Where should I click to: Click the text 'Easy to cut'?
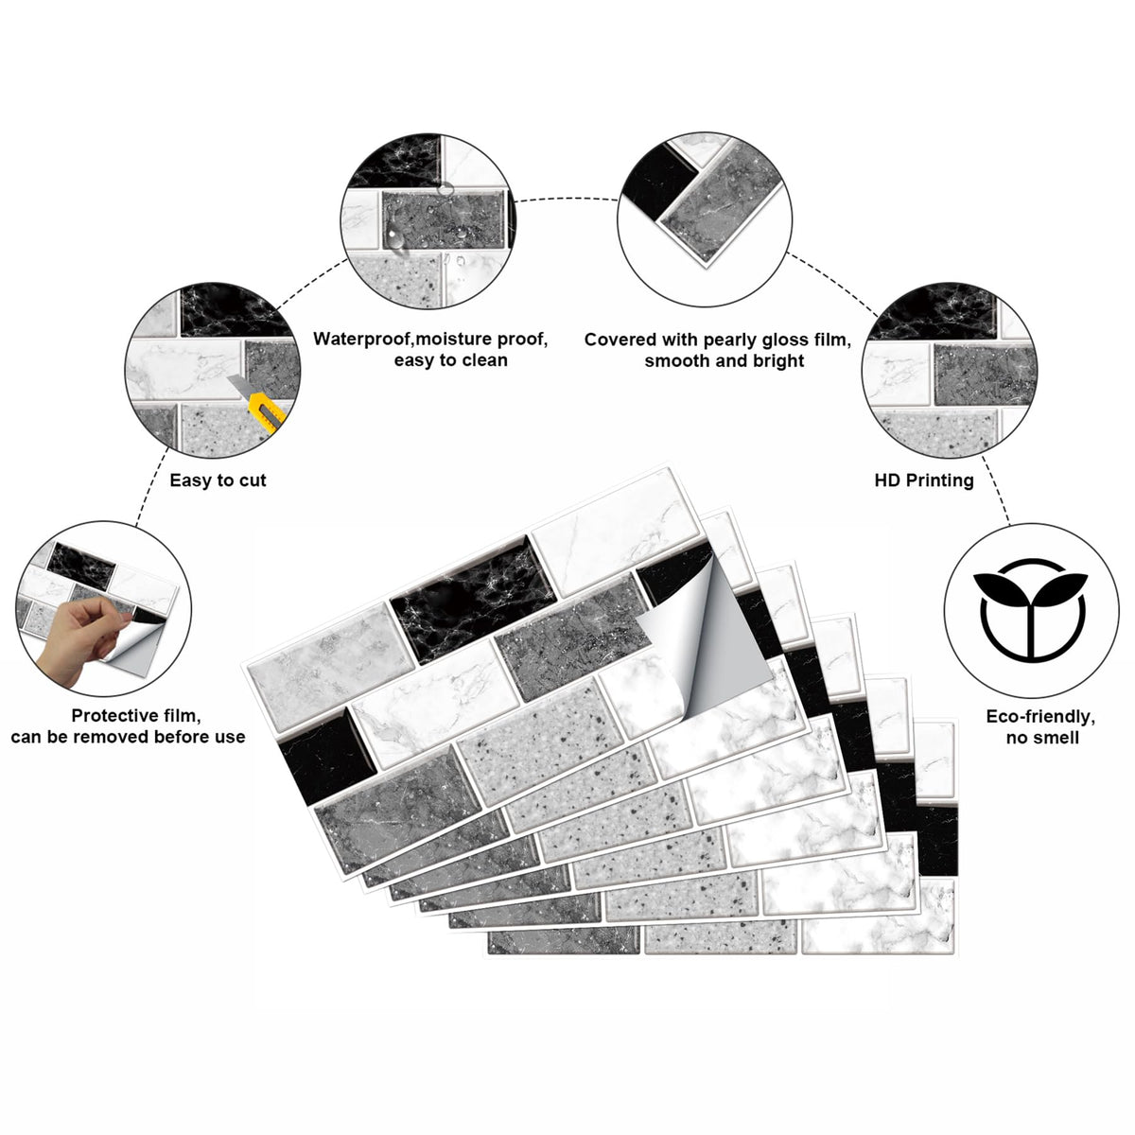tap(218, 480)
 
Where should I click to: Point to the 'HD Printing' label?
tap(924, 480)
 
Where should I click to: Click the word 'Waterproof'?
tap(361, 339)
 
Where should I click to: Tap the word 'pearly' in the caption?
tap(730, 340)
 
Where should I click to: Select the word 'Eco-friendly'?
tap(1040, 716)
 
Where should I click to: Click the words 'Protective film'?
tap(136, 716)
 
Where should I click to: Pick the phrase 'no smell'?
tap(1042, 738)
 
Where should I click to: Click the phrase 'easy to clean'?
tap(450, 359)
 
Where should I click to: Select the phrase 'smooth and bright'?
tap(724, 360)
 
